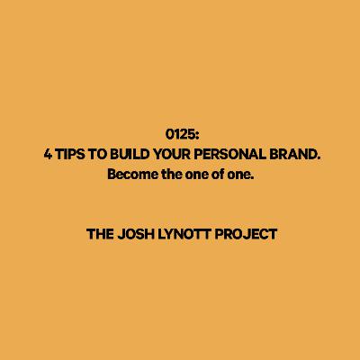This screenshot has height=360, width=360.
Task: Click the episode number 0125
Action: pyautogui.click(x=179, y=134)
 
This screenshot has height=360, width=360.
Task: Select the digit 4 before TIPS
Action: pyautogui.click(x=48, y=155)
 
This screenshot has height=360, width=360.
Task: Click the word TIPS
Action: pyautogui.click(x=69, y=155)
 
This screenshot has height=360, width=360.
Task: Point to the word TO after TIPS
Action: pyautogui.click(x=97, y=155)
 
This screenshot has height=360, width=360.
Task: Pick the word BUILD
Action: pyautogui.click(x=130, y=155)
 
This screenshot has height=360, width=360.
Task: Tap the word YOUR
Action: pyautogui.click(x=172, y=155)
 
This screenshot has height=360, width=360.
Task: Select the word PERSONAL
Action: pyautogui.click(x=229, y=155)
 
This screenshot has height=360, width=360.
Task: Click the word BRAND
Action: pyautogui.click(x=292, y=155)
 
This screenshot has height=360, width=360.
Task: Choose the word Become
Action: pyautogui.click(x=133, y=175)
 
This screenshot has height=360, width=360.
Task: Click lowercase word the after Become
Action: pyautogui.click(x=172, y=175)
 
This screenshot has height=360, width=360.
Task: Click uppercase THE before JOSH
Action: pyautogui.click(x=100, y=234)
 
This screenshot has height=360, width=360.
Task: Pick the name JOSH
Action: pyautogui.click(x=136, y=234)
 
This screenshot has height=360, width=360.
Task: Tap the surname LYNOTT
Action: pyautogui.click(x=184, y=234)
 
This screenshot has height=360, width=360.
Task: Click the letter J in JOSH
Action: pyautogui.click(x=121, y=234)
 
